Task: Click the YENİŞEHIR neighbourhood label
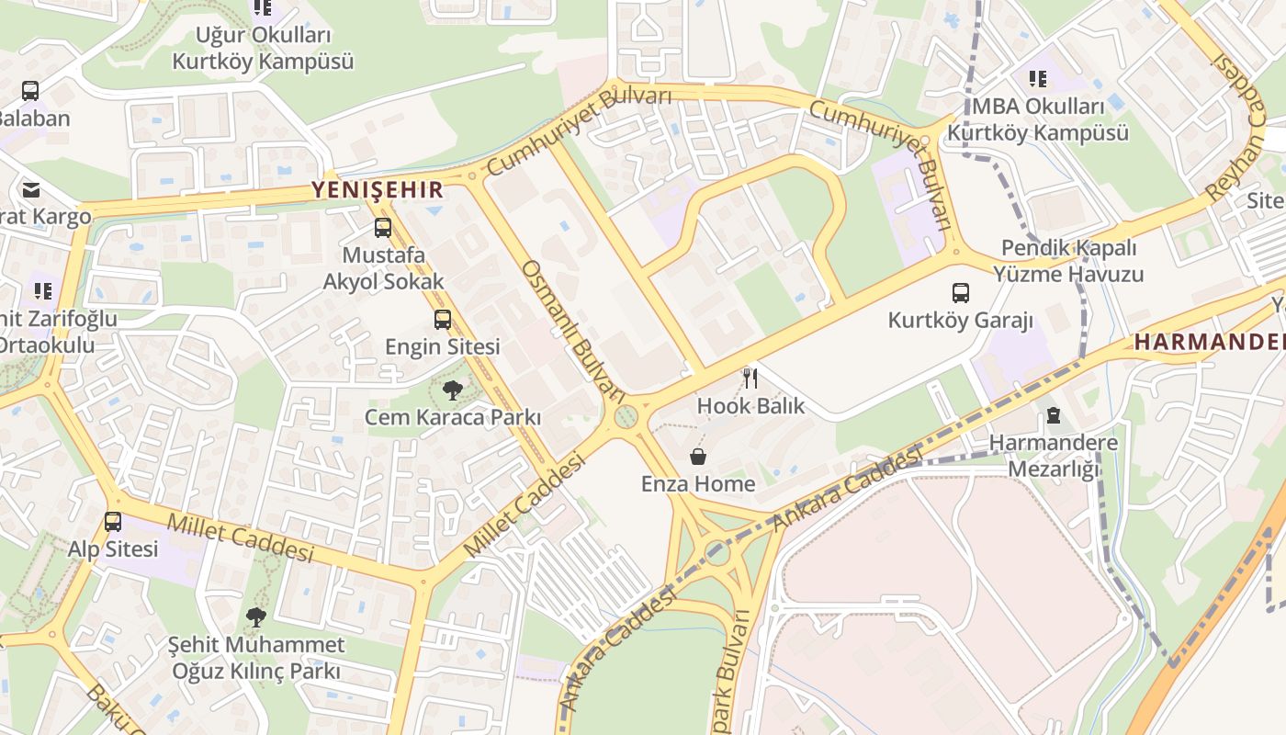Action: click(x=378, y=190)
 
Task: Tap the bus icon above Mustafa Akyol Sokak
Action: click(x=383, y=228)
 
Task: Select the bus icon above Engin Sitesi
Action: click(x=443, y=320)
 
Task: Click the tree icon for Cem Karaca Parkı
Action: click(x=452, y=390)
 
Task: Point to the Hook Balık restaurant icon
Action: click(x=750, y=378)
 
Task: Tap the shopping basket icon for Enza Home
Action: click(x=698, y=457)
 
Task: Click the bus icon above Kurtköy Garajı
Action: click(x=960, y=293)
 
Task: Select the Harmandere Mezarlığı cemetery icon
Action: click(x=1053, y=416)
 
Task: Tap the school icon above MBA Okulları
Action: click(x=1038, y=79)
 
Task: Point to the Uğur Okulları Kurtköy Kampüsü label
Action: click(x=263, y=49)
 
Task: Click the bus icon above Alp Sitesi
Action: click(x=113, y=522)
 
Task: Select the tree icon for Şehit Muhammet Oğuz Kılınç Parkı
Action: click(x=256, y=617)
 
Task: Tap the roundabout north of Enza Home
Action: click(x=626, y=418)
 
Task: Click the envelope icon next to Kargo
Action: click(x=31, y=190)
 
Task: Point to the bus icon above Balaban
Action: click(x=30, y=91)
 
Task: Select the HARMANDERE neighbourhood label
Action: click(x=1209, y=342)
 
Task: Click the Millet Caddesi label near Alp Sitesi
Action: click(x=240, y=537)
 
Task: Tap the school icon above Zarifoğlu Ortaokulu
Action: click(x=43, y=291)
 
